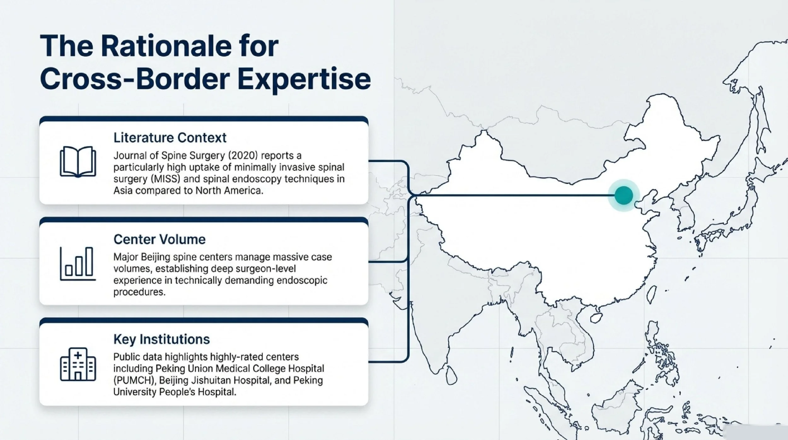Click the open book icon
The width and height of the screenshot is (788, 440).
[78, 161]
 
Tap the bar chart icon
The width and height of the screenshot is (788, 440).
[78, 264]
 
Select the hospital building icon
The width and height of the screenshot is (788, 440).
[78, 364]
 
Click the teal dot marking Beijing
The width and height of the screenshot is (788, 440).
[623, 195]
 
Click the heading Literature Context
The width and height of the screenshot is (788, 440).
[170, 138]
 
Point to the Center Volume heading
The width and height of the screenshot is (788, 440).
[159, 239]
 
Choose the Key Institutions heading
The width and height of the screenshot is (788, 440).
[161, 339]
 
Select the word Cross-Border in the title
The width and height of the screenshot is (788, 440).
[135, 79]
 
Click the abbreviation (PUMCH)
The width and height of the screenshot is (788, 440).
[135, 380]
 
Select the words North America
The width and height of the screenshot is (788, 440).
[229, 191]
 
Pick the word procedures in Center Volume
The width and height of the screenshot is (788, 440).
[139, 292]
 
